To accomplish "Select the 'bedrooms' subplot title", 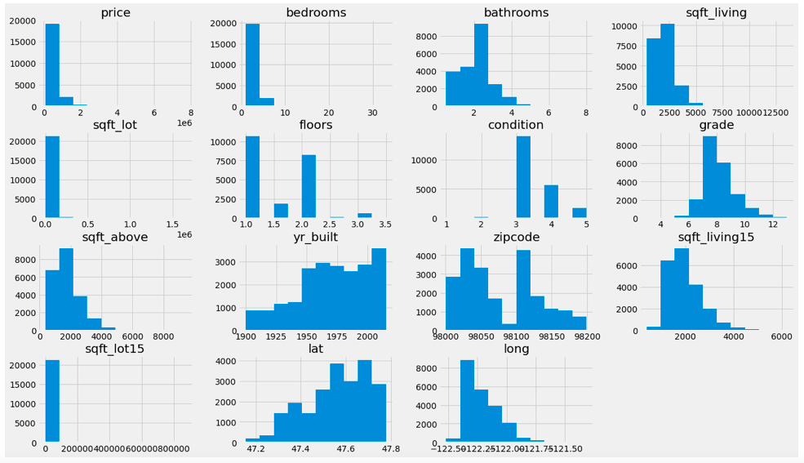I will pyautogui.click(x=315, y=12).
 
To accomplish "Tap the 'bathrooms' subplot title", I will pyautogui.click(x=515, y=12).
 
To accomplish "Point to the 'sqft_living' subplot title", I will pyautogui.click(x=716, y=12).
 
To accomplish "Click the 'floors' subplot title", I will pyautogui.click(x=315, y=125).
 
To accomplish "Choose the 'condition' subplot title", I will pyautogui.click(x=515, y=125).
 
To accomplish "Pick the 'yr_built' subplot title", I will pyautogui.click(x=315, y=238).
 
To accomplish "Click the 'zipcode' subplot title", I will pyautogui.click(x=515, y=238).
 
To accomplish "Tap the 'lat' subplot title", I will pyautogui.click(x=315, y=349).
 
